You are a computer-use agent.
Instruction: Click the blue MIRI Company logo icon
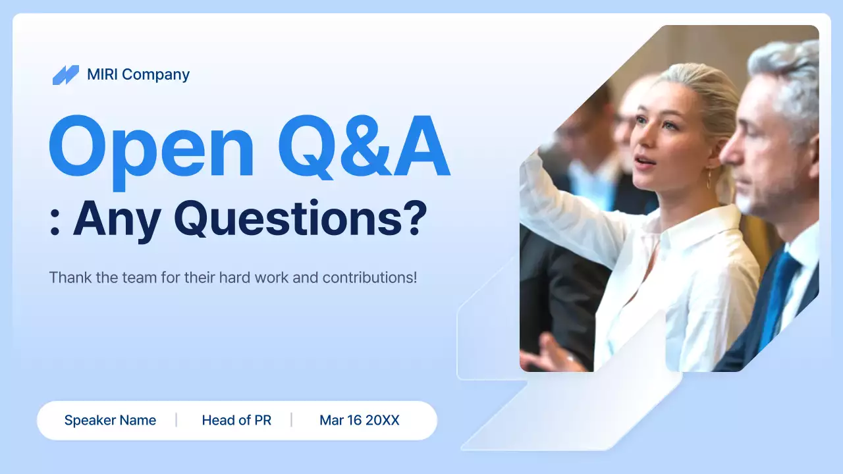[x=65, y=75]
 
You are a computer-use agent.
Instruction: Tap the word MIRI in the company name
[x=102, y=74]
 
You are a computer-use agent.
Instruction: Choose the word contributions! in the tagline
[x=369, y=277]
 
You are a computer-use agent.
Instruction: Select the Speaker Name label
[x=110, y=420]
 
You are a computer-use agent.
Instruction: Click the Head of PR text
[x=236, y=420]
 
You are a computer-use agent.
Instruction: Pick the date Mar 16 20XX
[x=359, y=420]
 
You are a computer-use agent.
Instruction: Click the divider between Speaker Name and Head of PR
[x=176, y=420]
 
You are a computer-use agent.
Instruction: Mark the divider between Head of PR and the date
[x=291, y=420]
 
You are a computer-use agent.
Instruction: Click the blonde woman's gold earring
[x=709, y=180]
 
